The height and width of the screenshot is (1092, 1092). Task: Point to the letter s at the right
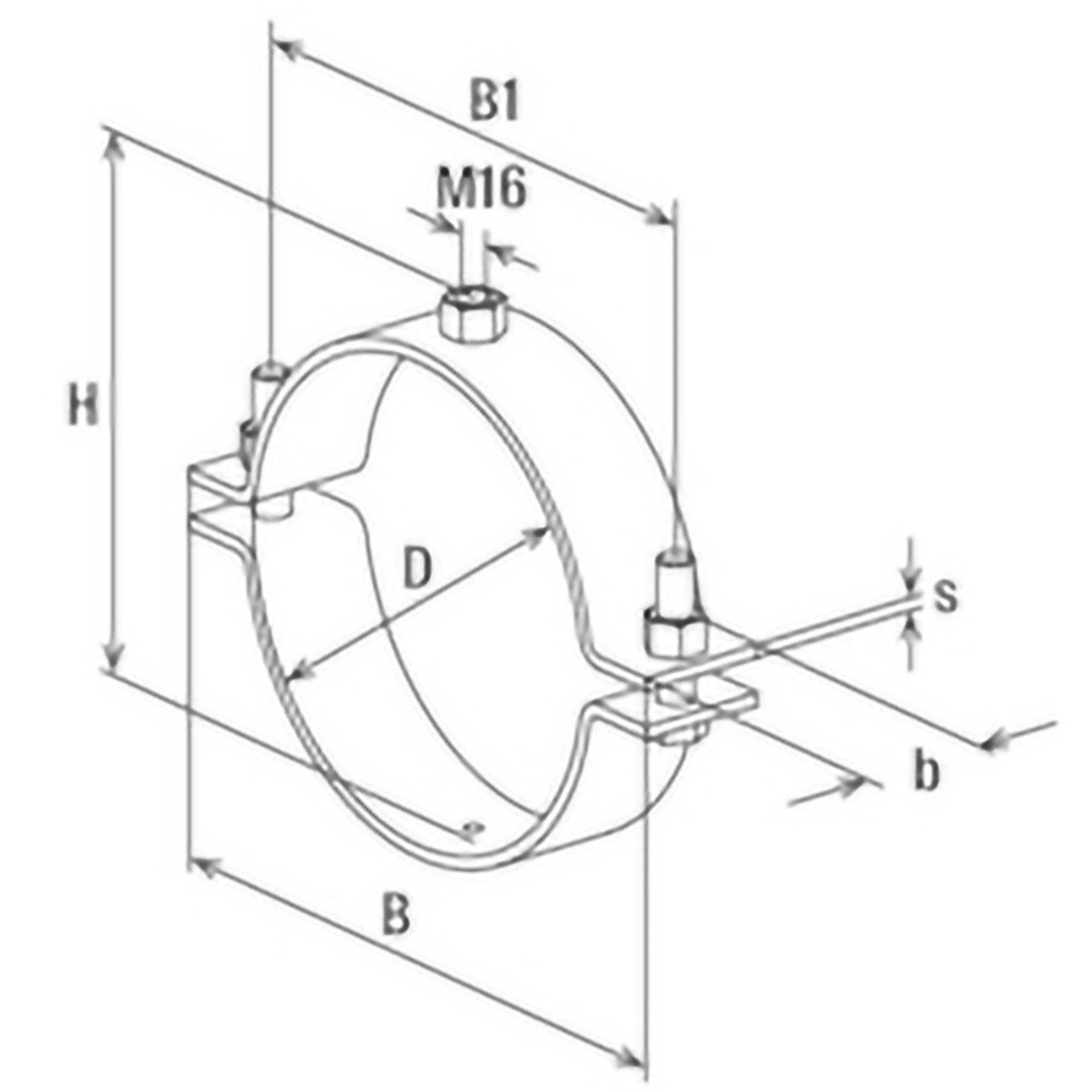pos(945,596)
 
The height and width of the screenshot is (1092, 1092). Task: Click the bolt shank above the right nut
pos(677,580)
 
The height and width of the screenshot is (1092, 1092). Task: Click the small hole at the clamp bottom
pos(472,829)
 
